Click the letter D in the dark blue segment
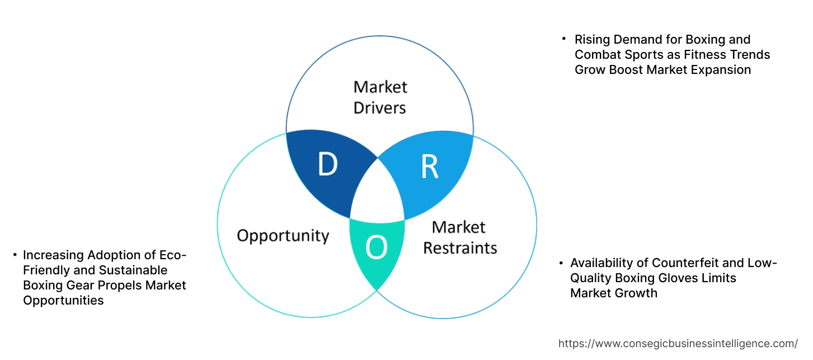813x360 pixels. (328, 163)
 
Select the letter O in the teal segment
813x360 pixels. (376, 248)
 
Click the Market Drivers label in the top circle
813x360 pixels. (380, 97)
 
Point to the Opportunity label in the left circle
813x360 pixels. (283, 235)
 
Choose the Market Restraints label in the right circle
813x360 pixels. (459, 237)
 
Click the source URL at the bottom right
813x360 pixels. (678, 343)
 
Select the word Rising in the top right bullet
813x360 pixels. (593, 40)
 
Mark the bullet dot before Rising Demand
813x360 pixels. (564, 40)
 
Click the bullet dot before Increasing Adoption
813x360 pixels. (15, 255)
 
